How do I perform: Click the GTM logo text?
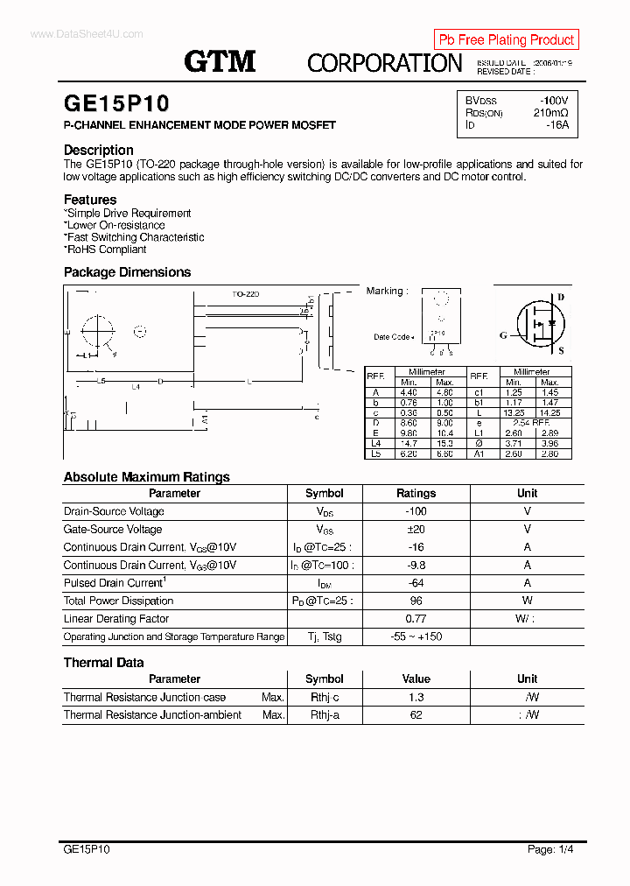pyautogui.click(x=220, y=60)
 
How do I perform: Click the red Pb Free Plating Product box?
pyautogui.click(x=506, y=39)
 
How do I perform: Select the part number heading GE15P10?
pyautogui.click(x=115, y=104)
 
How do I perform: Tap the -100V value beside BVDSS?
pyautogui.click(x=553, y=101)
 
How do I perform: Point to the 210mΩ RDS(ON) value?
pyautogui.click(x=550, y=113)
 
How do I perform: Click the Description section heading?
pyautogui.click(x=98, y=150)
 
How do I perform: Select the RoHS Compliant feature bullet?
pyautogui.click(x=106, y=250)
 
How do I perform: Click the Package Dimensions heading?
pyautogui.click(x=127, y=272)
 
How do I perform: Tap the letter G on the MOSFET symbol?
pyautogui.click(x=503, y=335)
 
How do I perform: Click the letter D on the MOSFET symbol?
pyautogui.click(x=561, y=298)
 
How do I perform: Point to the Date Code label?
pyautogui.click(x=392, y=337)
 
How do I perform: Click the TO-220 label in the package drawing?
pyautogui.click(x=246, y=295)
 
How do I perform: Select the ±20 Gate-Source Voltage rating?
pyautogui.click(x=416, y=529)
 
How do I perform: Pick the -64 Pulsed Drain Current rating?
pyautogui.click(x=416, y=583)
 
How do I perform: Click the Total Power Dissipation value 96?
pyautogui.click(x=416, y=601)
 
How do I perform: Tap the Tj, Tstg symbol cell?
pyautogui.click(x=324, y=636)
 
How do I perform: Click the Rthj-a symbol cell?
pyautogui.click(x=324, y=714)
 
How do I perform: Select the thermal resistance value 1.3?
pyautogui.click(x=416, y=697)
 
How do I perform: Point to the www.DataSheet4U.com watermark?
pyautogui.click(x=86, y=34)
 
